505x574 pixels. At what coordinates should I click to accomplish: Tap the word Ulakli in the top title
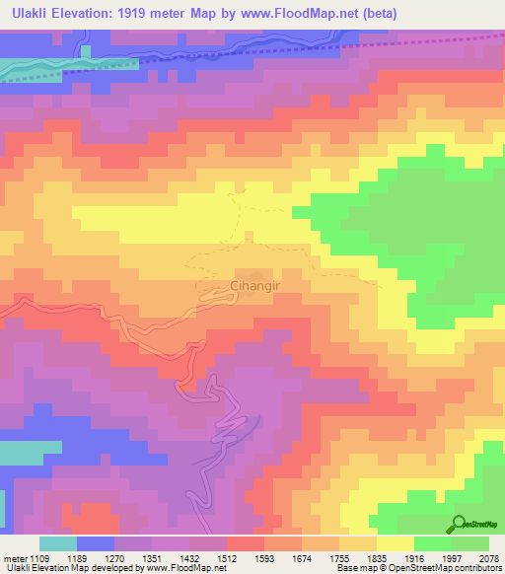(32, 14)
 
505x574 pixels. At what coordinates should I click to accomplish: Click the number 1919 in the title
(166, 14)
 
